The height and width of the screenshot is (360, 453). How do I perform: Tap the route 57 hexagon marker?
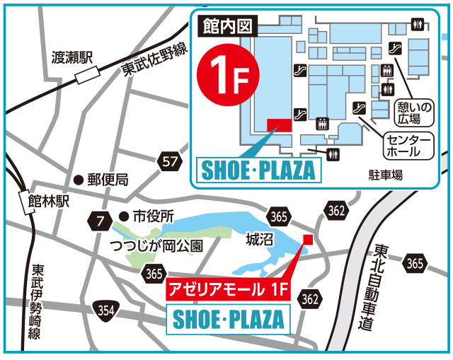169,161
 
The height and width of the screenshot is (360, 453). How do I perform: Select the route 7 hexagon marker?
100,221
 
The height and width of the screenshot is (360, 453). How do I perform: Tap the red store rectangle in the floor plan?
279,125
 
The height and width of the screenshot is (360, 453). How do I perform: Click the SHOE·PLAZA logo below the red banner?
228,318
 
